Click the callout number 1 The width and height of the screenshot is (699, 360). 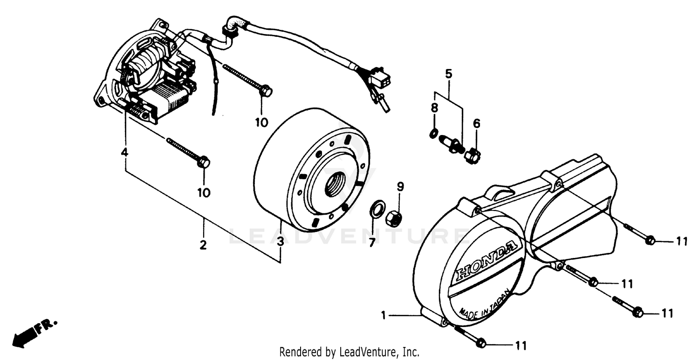[x=383, y=316]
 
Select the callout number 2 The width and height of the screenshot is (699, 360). [x=203, y=245]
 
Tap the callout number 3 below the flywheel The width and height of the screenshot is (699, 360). [x=280, y=242]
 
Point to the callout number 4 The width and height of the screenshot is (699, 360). [x=124, y=152]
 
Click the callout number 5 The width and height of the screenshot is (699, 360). [x=448, y=74]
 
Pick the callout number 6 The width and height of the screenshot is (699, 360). [x=476, y=123]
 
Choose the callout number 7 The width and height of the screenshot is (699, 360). [x=372, y=243]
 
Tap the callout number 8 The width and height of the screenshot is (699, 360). [x=434, y=108]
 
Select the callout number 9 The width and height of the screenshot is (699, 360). [x=400, y=187]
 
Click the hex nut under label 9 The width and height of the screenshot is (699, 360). [x=395, y=218]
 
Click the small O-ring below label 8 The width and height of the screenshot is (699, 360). [x=433, y=135]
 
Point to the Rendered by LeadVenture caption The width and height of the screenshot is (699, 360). [x=349, y=352]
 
